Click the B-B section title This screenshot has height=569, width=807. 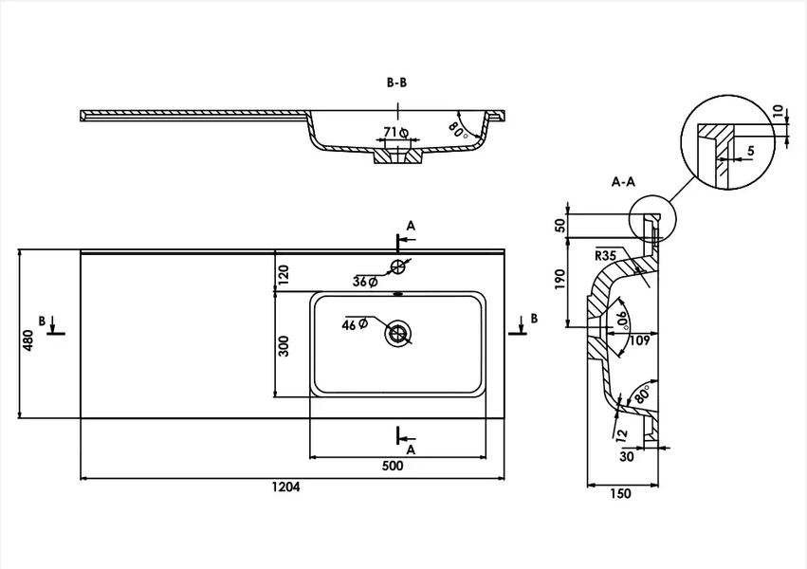[396, 83]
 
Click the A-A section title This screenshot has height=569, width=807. [623, 182]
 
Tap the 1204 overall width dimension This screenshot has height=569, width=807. [286, 486]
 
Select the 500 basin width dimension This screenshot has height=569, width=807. [393, 467]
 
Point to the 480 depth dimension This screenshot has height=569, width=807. [28, 340]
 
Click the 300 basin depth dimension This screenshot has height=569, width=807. [284, 346]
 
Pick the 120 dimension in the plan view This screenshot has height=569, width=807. [284, 274]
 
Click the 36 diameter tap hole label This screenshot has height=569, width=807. [365, 282]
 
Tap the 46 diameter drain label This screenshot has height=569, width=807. [355, 324]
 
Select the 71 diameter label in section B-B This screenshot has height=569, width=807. [396, 133]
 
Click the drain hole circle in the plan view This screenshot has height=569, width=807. [398, 335]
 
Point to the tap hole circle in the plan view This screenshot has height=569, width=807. [398, 266]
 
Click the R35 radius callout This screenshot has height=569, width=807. [605, 256]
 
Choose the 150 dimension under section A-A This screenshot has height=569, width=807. [620, 494]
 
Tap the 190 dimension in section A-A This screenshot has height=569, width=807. [560, 278]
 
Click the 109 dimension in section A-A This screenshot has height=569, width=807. [640, 340]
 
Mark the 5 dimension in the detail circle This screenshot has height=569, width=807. [751, 151]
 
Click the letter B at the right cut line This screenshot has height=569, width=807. [534, 319]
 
